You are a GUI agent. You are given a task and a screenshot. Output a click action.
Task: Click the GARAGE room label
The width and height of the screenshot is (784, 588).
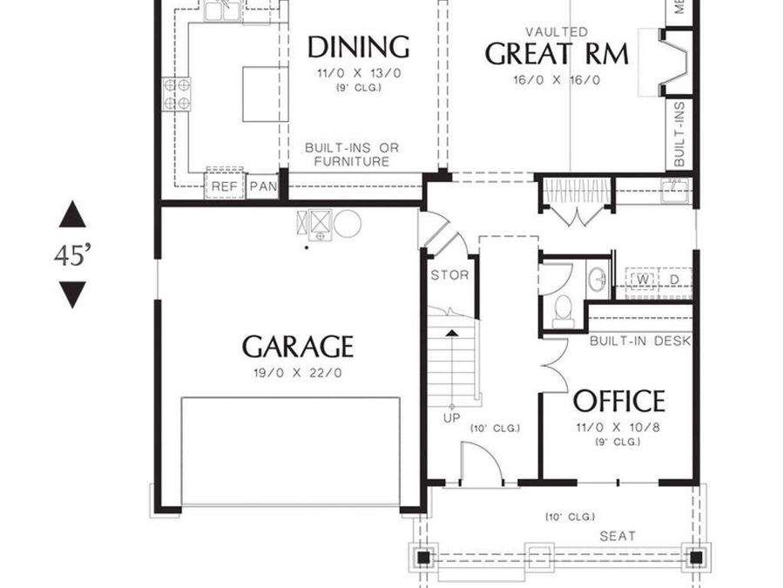[298, 347]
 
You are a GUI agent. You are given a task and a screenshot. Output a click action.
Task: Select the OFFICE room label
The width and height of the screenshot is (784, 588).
[618, 402]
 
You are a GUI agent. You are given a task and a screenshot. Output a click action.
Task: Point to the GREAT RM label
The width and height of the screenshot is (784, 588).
[556, 54]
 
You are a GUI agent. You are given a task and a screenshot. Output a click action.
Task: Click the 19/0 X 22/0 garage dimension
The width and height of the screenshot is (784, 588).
[298, 373]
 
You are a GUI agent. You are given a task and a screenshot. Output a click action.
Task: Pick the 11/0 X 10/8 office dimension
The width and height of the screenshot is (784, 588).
[618, 427]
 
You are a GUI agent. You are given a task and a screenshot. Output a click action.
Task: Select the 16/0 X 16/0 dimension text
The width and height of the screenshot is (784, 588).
[556, 80]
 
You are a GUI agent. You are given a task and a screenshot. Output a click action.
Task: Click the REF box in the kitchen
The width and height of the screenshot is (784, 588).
[225, 186]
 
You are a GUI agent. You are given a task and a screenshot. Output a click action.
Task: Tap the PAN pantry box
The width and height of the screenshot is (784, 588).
[262, 186]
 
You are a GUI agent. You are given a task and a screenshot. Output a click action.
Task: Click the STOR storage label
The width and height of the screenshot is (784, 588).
[449, 275]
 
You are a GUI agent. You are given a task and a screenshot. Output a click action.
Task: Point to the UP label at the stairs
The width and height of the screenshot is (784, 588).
[452, 418]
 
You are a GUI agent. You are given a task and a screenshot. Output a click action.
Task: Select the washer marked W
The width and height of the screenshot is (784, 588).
[644, 279]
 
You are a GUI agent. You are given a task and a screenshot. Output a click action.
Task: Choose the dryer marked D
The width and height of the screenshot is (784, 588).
[673, 279]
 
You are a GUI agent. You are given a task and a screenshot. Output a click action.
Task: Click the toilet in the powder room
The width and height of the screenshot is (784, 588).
[564, 308]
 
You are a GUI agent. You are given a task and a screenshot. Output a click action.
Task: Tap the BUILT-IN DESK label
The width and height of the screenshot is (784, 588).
[639, 341]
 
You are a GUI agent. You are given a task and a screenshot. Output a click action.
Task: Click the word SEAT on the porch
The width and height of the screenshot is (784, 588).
[617, 536]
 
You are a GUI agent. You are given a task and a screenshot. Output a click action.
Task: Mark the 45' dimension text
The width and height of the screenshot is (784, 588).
[73, 256]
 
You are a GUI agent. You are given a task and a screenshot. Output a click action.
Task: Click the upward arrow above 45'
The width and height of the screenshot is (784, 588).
[73, 214]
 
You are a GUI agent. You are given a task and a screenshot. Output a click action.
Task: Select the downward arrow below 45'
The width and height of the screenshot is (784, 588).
[73, 294]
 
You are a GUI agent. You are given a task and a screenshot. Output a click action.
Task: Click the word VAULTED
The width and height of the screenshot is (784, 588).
[557, 32]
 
